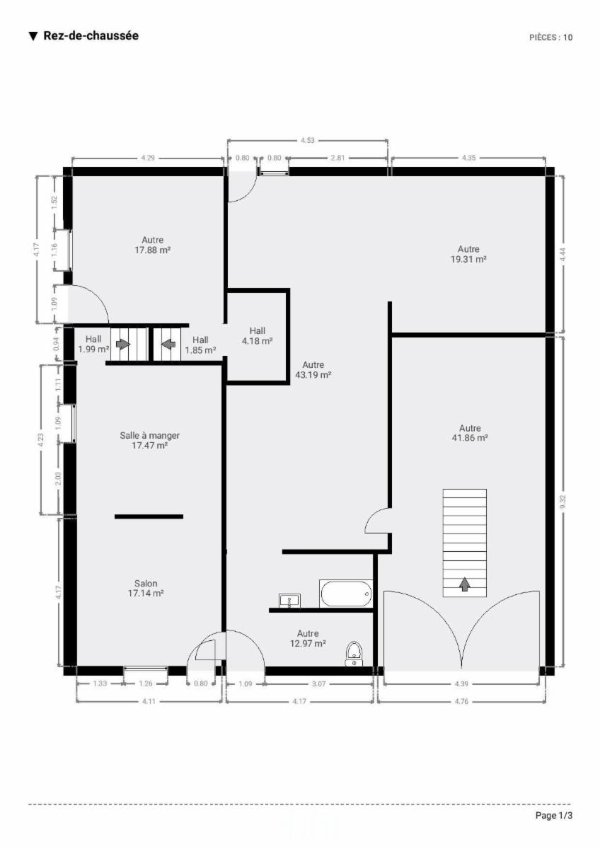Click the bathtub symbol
tap(346, 594)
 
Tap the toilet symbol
tap(354, 654)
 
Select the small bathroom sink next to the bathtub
tap(289, 601)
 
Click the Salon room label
tap(146, 583)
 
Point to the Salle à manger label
tap(150, 436)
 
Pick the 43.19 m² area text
tap(313, 375)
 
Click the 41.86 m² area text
tap(470, 438)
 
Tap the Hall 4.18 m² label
tap(258, 336)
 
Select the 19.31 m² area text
tap(468, 259)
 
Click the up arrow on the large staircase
tap(465, 585)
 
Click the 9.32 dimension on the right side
tap(563, 502)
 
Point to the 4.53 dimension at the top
tap(308, 141)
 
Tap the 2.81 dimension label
tap(337, 158)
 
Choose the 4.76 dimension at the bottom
tap(461, 702)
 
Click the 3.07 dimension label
tap(319, 684)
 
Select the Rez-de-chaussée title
tap(91, 35)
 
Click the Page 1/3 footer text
tap(554, 815)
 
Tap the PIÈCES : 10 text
tap(550, 37)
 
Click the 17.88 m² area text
tap(152, 250)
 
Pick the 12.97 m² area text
tap(308, 643)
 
